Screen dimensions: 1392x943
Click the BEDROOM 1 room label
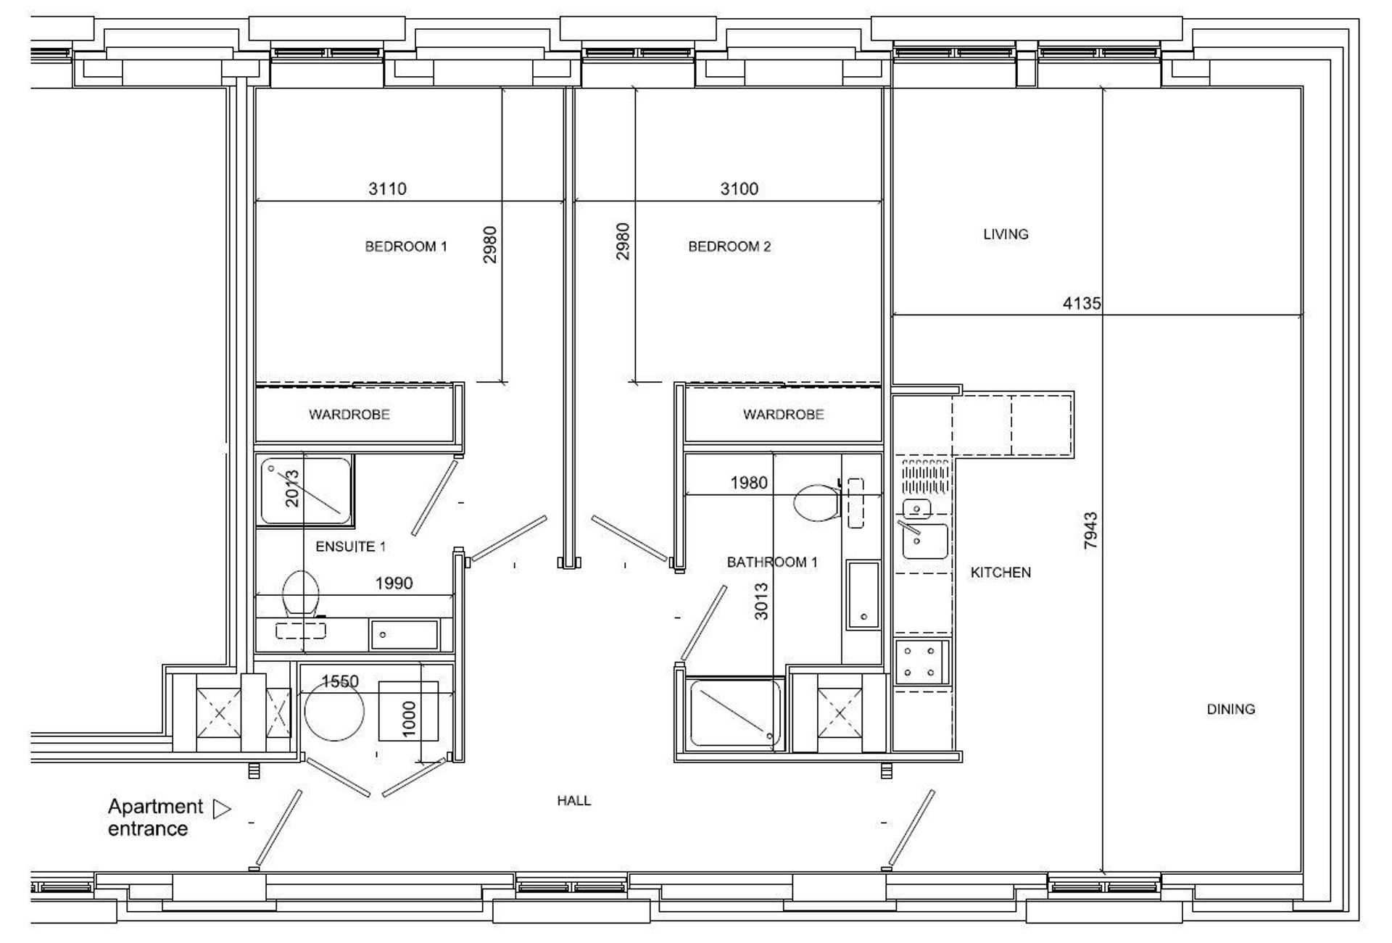tap(405, 246)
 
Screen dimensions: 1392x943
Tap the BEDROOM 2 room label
tap(729, 246)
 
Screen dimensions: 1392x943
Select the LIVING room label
tap(1006, 234)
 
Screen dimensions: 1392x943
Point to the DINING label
tap(1230, 709)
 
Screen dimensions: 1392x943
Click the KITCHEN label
tap(1000, 573)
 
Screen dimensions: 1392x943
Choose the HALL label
tap(573, 800)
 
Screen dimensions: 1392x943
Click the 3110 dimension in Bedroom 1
tap(387, 189)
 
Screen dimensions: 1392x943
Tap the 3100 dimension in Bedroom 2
tap(739, 189)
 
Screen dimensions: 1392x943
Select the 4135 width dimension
tap(1082, 304)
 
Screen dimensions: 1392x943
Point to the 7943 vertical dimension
tap(1090, 531)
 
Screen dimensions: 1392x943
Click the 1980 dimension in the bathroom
tap(748, 483)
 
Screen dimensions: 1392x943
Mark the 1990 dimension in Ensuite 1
tap(394, 583)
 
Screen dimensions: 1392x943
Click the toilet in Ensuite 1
tap(300, 594)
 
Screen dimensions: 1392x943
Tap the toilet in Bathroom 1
tap(817, 502)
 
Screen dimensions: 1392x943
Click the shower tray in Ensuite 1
tap(306, 490)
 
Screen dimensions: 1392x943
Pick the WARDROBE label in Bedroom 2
tap(783, 415)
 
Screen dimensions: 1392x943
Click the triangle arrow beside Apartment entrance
tap(222, 808)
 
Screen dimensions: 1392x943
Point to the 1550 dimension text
tap(340, 681)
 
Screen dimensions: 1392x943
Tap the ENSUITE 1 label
tap(350, 547)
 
